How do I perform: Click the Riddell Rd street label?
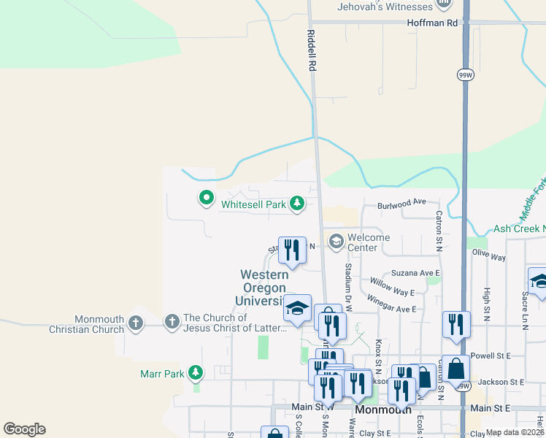click(311, 52)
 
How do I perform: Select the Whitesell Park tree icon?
click(297, 204)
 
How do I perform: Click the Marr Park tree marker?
click(195, 374)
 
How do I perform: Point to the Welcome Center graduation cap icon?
click(336, 242)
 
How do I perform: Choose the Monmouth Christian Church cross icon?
click(135, 322)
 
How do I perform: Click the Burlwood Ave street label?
click(401, 202)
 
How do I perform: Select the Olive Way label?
click(488, 257)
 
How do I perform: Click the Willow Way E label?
click(391, 287)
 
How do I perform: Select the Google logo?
click(24, 429)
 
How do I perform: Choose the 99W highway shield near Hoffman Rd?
click(464, 74)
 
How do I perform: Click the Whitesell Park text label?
click(254, 205)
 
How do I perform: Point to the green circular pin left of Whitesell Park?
click(206, 197)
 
